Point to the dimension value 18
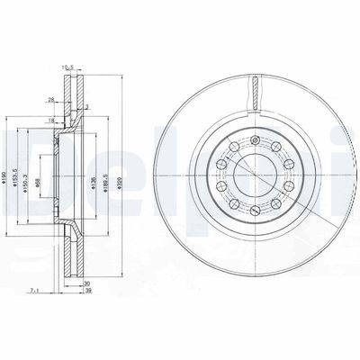pos(53,121)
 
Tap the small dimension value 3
pos(87,106)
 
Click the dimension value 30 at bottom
pos(85,283)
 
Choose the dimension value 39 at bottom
pos(85,291)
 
